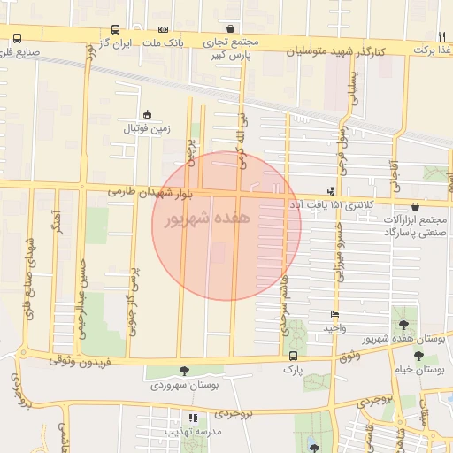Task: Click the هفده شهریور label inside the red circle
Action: pos(208,218)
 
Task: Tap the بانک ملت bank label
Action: pos(164,43)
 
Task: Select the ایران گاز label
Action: pos(114,43)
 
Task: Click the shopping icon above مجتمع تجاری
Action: pos(230,28)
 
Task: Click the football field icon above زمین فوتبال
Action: pos(147,114)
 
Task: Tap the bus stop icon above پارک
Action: pos(292,356)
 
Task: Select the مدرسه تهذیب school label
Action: pos(191,431)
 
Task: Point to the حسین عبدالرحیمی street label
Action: pos(83,288)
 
